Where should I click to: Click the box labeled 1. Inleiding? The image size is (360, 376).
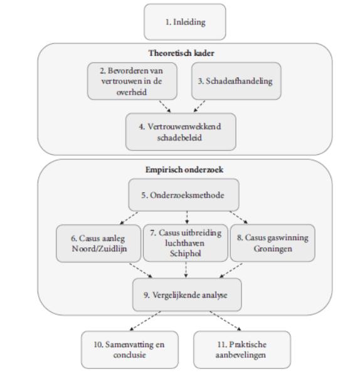point(185,22)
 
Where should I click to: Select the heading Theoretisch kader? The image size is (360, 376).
point(181,53)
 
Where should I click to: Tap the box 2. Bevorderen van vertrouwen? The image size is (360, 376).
point(132,81)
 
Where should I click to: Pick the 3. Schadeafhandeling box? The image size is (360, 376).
point(236,81)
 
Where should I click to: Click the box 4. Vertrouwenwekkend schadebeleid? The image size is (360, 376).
point(181,132)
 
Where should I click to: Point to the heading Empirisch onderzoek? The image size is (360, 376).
point(184,170)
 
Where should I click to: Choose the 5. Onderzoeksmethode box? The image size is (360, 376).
point(184,195)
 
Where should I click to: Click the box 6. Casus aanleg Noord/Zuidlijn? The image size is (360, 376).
point(98,243)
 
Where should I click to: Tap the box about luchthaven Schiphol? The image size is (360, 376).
point(186,243)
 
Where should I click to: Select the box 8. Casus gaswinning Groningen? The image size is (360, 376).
point(273,243)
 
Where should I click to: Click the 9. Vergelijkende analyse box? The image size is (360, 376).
point(187,295)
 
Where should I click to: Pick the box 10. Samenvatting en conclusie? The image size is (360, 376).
point(130,350)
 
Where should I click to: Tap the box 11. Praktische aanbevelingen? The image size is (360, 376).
point(242,350)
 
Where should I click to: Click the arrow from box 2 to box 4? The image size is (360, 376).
point(165,107)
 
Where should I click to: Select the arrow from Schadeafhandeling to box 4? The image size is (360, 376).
point(199,107)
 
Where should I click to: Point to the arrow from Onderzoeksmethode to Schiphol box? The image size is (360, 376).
point(187,217)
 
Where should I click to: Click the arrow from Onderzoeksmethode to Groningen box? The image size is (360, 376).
point(239,217)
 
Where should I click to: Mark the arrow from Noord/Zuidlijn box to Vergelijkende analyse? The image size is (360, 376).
point(141,271)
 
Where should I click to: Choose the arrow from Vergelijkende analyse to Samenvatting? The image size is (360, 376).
point(146,321)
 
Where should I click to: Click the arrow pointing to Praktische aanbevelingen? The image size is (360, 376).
point(225,321)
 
